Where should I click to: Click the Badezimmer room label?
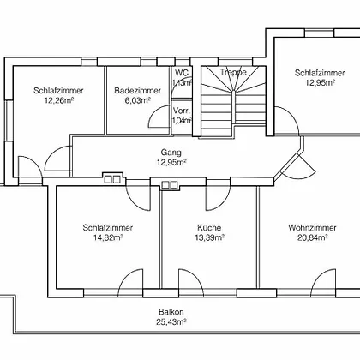click(x=137, y=91)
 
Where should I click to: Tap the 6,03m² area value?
click(x=137, y=100)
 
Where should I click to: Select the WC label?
click(x=182, y=73)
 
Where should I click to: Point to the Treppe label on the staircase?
click(x=233, y=72)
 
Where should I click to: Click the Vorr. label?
click(x=182, y=111)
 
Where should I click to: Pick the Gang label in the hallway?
click(x=171, y=153)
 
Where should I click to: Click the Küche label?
click(x=209, y=228)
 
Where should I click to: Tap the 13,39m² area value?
click(x=209, y=237)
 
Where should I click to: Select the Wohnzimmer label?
click(x=312, y=228)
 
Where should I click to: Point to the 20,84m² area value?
click(x=312, y=237)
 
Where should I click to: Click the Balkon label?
click(x=171, y=312)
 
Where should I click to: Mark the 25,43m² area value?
click(x=171, y=321)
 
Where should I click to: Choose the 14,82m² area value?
click(x=108, y=237)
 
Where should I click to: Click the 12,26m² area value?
click(x=59, y=100)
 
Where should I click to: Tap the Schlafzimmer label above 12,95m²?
click(x=320, y=73)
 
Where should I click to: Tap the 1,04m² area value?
click(x=182, y=121)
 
